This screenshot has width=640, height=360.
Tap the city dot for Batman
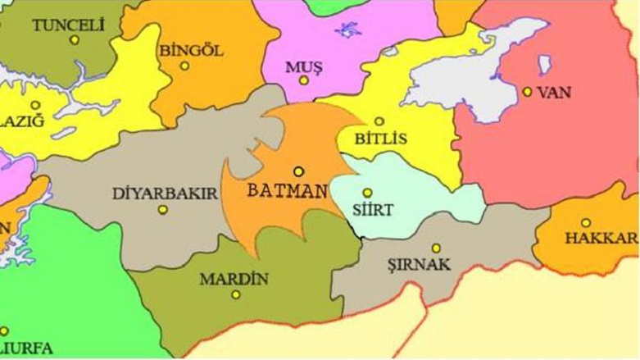tap(299, 171)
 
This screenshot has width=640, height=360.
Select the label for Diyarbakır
tap(164, 194)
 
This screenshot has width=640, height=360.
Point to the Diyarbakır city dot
tap(162, 210)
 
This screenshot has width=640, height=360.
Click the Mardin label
tap(234, 279)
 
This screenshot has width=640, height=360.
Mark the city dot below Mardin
tap(236, 294)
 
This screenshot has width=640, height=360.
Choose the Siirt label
tap(371, 210)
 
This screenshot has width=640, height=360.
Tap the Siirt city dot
tap(367, 193)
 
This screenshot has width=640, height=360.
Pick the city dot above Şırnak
tap(436, 248)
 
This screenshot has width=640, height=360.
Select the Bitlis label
tap(380, 139)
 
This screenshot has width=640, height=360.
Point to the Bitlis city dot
tap(379, 121)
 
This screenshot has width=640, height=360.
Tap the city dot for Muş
tap(304, 80)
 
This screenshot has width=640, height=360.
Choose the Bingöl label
tap(191, 50)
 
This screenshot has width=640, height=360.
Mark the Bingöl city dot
tap(185, 66)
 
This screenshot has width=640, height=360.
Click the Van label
tap(554, 92)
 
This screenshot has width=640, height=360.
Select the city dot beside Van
tap(527, 92)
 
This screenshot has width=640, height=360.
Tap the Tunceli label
tap(69, 25)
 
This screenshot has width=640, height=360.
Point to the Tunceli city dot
tap(75, 39)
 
